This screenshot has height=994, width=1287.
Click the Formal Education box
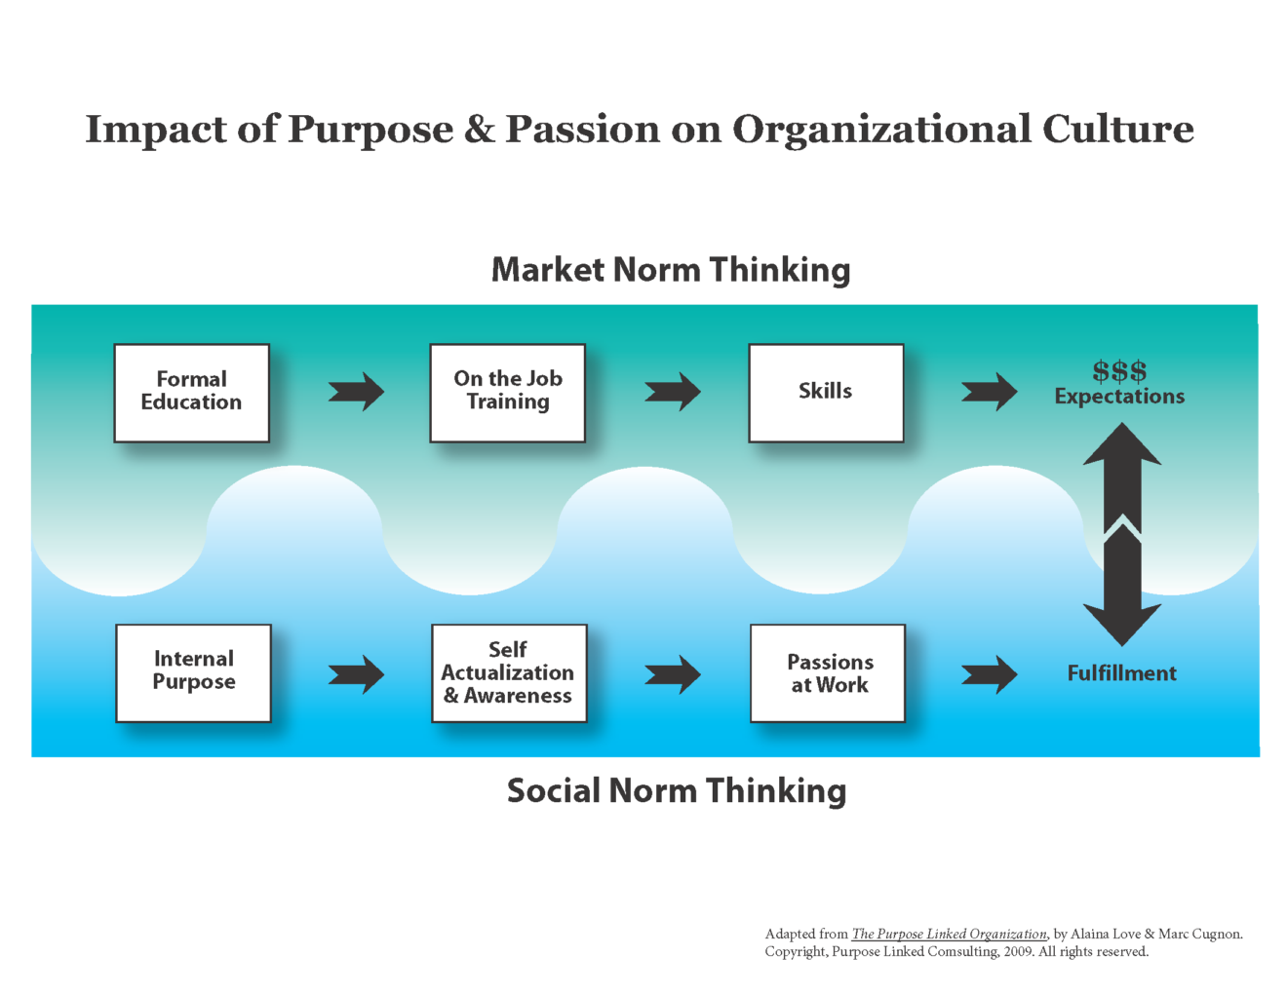[x=191, y=393]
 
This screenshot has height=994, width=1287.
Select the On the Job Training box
[x=507, y=393]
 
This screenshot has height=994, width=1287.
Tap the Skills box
[x=826, y=393]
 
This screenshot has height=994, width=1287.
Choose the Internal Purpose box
[x=193, y=672]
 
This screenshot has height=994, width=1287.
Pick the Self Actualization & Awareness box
[x=509, y=672]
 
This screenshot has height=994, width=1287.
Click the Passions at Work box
[x=828, y=672]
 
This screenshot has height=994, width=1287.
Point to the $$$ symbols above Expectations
[x=1119, y=371]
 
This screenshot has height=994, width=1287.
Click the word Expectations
[x=1119, y=397]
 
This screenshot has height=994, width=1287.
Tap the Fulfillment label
[x=1121, y=673]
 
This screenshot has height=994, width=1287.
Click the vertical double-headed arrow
[x=1122, y=534]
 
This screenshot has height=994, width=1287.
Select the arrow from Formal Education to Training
[x=356, y=392]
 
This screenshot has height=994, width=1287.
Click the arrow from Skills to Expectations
[x=989, y=392]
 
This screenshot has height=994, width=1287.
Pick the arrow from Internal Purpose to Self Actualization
[x=356, y=673]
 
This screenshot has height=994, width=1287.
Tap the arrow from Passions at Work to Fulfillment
[x=989, y=673]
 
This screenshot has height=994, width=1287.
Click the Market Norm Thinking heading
[x=671, y=270]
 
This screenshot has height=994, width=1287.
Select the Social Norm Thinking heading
[x=677, y=790]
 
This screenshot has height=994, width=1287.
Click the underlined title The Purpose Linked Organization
[x=949, y=934]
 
